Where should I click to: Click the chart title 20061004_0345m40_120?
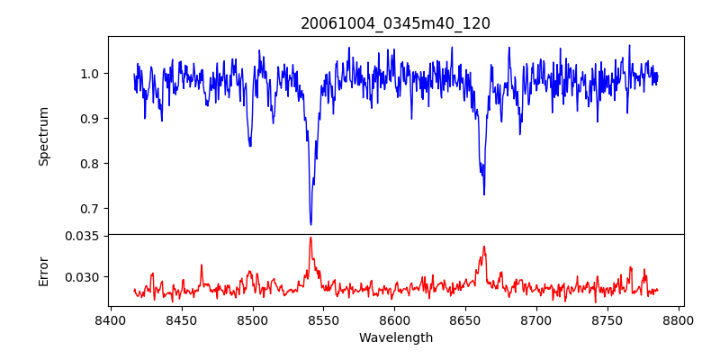point(395,23)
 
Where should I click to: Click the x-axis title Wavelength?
point(395,338)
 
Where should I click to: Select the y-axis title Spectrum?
point(43,136)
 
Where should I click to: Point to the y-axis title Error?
point(43,270)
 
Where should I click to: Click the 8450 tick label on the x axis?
point(181,319)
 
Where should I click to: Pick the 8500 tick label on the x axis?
point(252,319)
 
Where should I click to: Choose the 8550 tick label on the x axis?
point(323,319)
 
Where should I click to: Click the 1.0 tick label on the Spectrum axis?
point(90,74)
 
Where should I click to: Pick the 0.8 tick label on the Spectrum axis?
point(90,164)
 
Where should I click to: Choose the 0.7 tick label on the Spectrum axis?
point(90,209)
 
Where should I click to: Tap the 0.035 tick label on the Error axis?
point(84,236)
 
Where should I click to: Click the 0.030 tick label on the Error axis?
point(84,277)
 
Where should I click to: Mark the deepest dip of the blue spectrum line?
point(310,223)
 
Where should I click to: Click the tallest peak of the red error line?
point(310,238)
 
